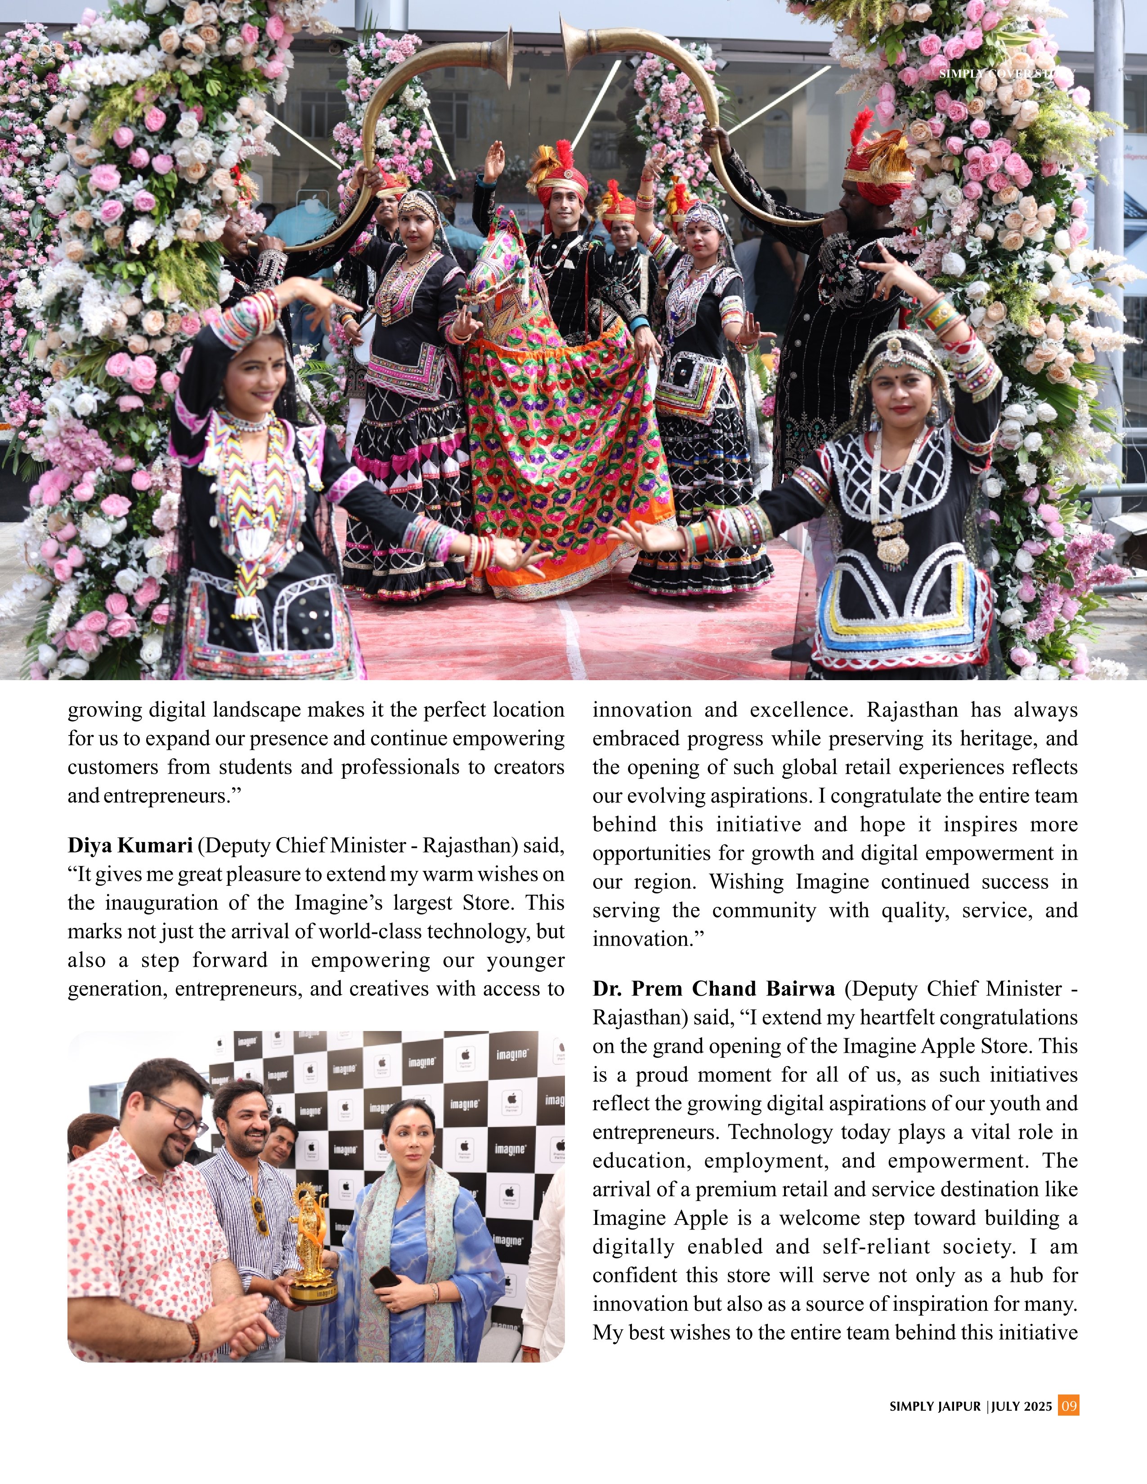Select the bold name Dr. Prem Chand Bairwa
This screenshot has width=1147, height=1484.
[713, 989]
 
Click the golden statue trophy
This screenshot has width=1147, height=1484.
[310, 1243]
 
